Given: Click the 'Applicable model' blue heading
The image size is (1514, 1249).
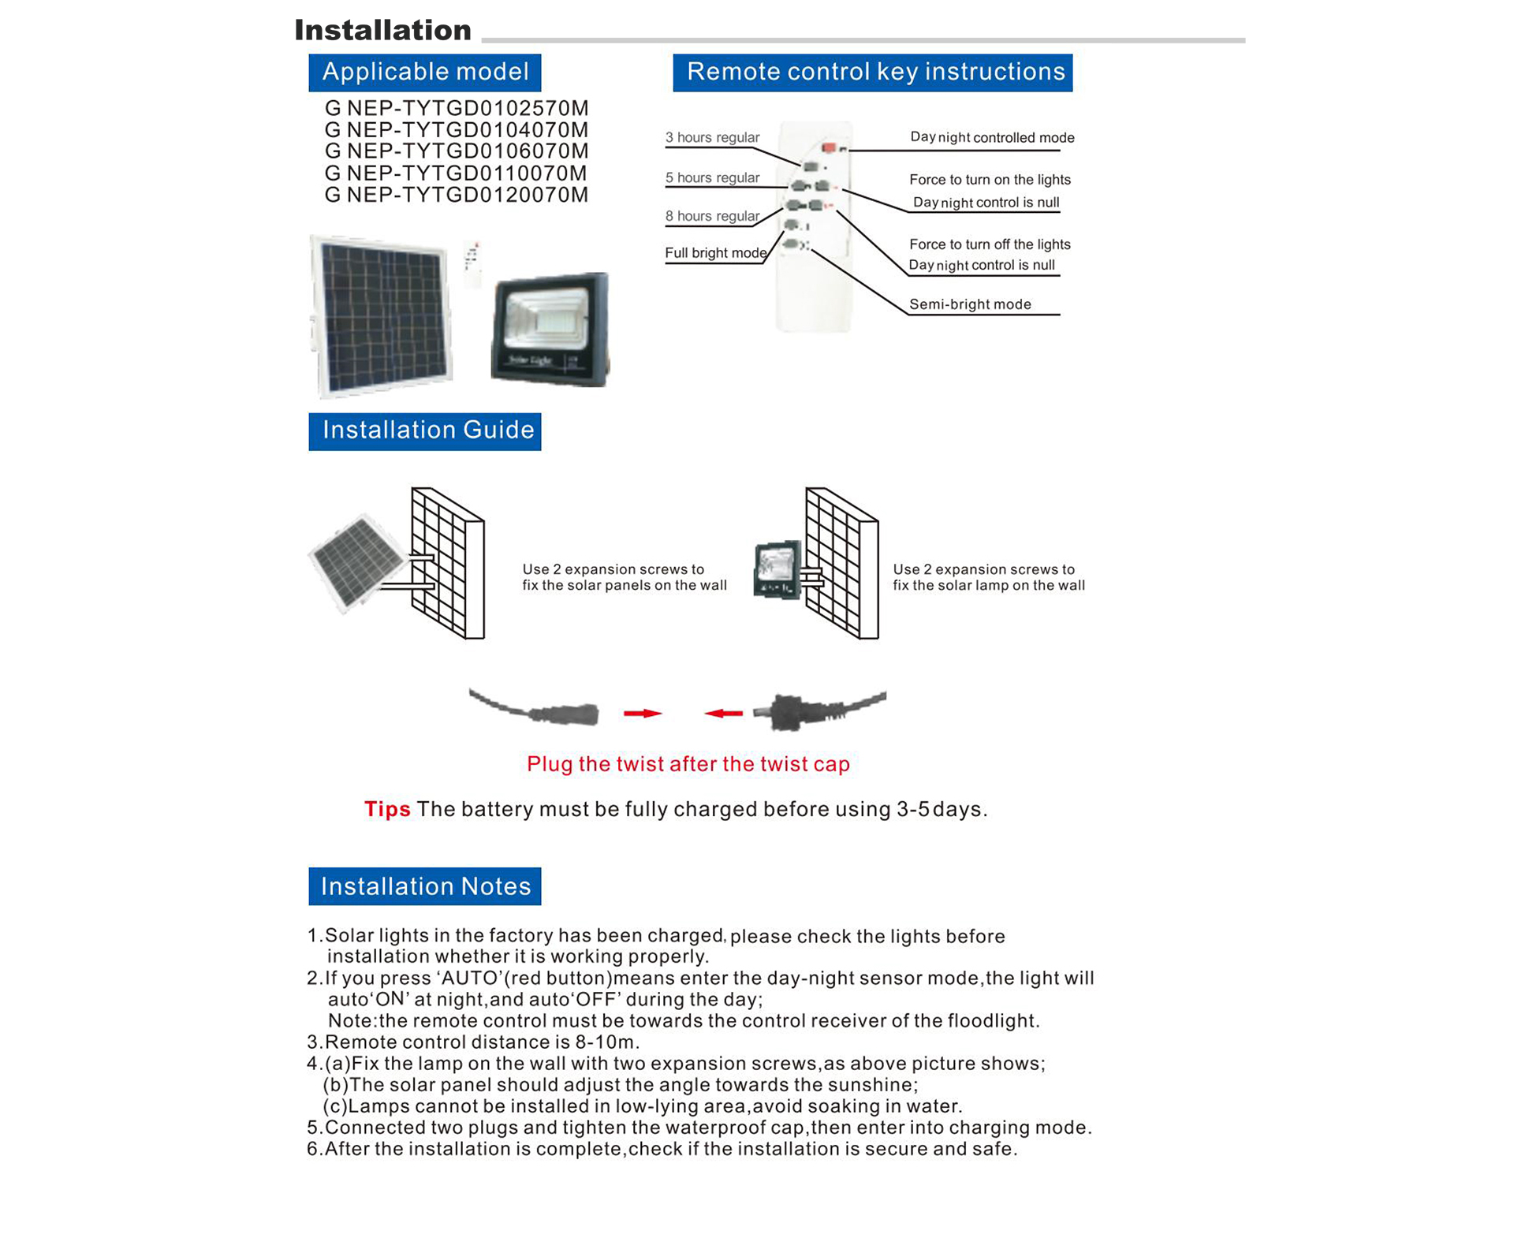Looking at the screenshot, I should click(x=424, y=72).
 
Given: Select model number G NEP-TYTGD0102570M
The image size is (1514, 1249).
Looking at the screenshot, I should click(x=456, y=108).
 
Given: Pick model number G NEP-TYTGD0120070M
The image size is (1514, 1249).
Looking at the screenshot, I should click(x=456, y=195).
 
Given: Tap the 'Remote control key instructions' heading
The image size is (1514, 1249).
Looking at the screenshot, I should click(x=872, y=72).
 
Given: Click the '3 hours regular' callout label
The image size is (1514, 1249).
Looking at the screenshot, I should click(x=712, y=137).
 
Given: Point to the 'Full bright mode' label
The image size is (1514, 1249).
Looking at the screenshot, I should click(x=715, y=253).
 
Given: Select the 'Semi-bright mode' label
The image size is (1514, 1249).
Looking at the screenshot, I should click(x=969, y=304).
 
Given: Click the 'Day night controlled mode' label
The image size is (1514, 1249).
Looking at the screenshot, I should click(x=992, y=137).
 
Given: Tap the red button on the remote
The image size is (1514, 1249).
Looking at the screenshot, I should click(x=828, y=147).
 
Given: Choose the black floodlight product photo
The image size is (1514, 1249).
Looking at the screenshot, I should click(x=550, y=330).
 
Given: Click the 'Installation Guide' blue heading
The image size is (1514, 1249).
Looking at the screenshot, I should click(x=424, y=431).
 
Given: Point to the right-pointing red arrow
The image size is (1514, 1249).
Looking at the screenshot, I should click(x=642, y=713).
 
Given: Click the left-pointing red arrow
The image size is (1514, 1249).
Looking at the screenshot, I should click(x=724, y=713).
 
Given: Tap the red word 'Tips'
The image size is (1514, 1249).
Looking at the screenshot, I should click(x=387, y=809).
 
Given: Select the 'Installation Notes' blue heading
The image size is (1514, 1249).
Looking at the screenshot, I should click(x=424, y=886).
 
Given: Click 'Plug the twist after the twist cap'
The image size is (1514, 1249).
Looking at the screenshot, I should click(x=688, y=764).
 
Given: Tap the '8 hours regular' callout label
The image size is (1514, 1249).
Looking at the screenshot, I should click(x=712, y=216).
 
